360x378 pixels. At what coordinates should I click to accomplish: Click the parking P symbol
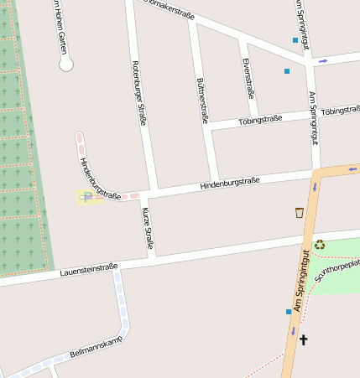pos(89,196)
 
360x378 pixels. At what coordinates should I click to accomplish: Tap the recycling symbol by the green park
pos(320,245)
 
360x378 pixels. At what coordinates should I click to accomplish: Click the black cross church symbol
pos(303,339)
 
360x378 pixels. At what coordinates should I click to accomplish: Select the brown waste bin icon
pos(300,212)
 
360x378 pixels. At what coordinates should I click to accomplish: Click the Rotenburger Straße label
pos(138,92)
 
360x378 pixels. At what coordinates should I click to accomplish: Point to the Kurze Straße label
pos(148,227)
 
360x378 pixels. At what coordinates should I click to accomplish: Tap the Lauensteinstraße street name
pos(88,270)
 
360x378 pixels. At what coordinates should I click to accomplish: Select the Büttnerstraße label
pos(202,101)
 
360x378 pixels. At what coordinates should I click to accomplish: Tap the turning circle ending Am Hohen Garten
pos(66,64)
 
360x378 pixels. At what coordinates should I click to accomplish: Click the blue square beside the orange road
pos(289,311)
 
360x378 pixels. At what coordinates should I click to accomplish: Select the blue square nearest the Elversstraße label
pos(286,71)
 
